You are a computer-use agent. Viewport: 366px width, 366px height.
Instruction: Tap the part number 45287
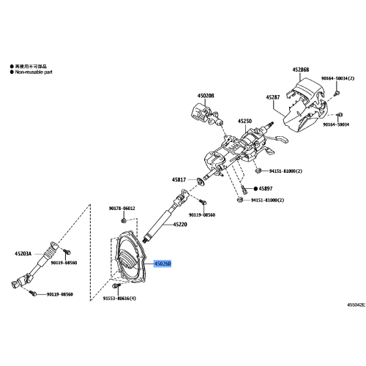pos(273,97)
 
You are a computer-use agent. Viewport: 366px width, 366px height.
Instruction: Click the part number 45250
pos(244,121)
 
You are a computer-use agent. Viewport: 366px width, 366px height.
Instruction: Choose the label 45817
pos(179,179)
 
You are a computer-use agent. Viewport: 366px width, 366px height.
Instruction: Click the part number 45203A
pos(23,254)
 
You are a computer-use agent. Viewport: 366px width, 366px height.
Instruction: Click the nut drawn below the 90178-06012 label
pos(124,220)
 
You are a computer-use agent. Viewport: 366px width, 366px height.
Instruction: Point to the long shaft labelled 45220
pos(161,220)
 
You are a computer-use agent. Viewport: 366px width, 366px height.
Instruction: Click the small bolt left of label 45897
pos(246,188)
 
